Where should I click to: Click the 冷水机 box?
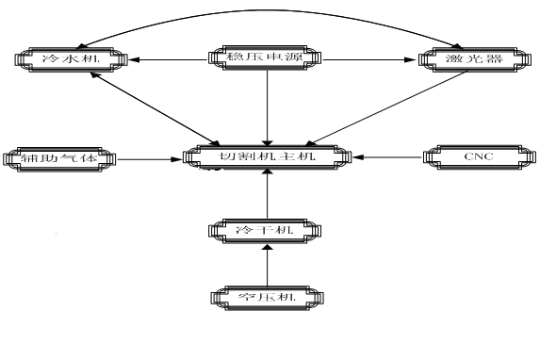[x=71, y=59]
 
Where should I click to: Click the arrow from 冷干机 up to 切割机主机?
[x=268, y=192]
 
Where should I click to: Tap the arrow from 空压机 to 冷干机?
[x=268, y=264]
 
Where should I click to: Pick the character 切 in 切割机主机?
[x=228, y=155]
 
